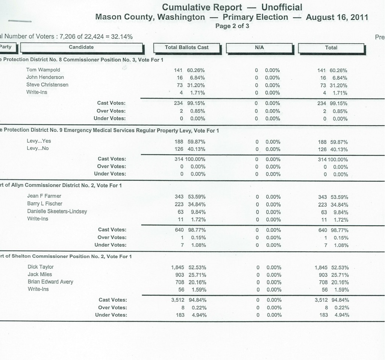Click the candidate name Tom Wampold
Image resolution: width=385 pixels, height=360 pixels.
(43, 70)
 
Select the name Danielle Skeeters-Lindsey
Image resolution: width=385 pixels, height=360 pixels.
(57, 211)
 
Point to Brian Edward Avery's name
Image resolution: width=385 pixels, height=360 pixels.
(50, 281)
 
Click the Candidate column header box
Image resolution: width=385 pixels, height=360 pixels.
(81, 47)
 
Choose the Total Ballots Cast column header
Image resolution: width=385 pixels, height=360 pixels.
(187, 47)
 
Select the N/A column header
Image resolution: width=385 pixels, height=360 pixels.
(259, 48)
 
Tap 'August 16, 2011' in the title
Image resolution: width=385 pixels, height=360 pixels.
(337, 17)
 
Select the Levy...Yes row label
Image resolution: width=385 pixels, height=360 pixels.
(39, 141)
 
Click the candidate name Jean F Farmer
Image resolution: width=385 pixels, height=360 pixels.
(44, 196)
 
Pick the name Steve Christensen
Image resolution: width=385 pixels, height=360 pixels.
(47, 85)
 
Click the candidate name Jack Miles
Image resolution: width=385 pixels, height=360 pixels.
(40, 274)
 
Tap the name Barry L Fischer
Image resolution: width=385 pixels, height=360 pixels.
(45, 204)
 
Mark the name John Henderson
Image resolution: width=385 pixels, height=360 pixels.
(45, 77)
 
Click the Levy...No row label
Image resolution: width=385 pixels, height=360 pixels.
(38, 149)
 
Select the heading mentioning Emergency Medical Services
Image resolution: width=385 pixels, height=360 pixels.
(109, 131)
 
